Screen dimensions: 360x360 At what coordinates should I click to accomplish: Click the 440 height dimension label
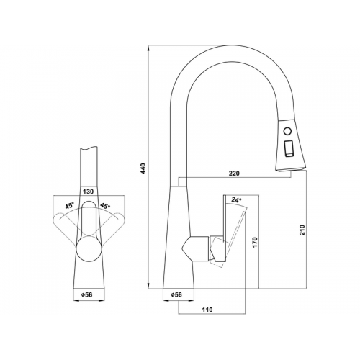point(143,168)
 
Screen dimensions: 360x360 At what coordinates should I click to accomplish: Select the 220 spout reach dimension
point(234,173)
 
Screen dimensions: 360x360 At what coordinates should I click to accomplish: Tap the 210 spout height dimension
point(302,230)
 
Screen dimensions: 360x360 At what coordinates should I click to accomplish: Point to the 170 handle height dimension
point(255,243)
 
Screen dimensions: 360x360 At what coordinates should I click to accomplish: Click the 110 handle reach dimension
point(207,310)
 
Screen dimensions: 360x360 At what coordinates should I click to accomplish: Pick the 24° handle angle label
point(236,199)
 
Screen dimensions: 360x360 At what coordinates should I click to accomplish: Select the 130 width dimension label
point(88,192)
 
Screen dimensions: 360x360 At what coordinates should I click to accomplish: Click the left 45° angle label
point(70,206)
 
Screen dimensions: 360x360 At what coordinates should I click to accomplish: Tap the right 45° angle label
point(105,206)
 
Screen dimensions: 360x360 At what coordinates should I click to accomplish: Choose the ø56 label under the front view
point(86,294)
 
